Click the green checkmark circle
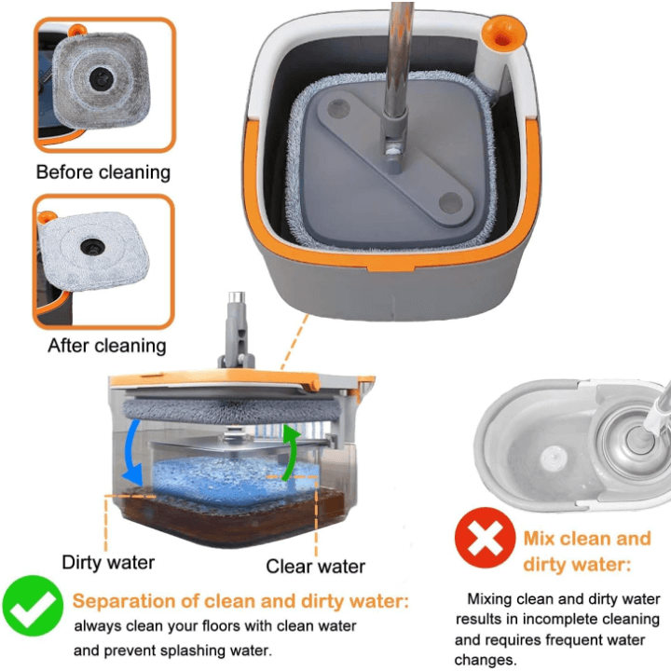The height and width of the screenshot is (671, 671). click(x=33, y=606)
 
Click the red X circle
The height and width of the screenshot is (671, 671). click(x=485, y=538)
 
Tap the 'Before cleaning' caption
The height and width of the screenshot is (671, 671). click(x=103, y=172)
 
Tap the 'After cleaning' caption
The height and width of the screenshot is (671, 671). click(x=107, y=346)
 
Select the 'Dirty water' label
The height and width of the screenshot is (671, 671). click(x=108, y=562)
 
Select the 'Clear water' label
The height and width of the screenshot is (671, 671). click(x=315, y=567)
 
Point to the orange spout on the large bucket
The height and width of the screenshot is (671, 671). click(x=503, y=34)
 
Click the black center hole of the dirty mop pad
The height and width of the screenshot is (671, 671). click(x=102, y=78)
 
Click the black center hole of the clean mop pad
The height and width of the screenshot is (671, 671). click(x=92, y=247)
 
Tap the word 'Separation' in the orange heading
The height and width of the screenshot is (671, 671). click(x=124, y=601)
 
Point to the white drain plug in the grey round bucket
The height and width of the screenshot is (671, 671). click(x=554, y=459)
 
